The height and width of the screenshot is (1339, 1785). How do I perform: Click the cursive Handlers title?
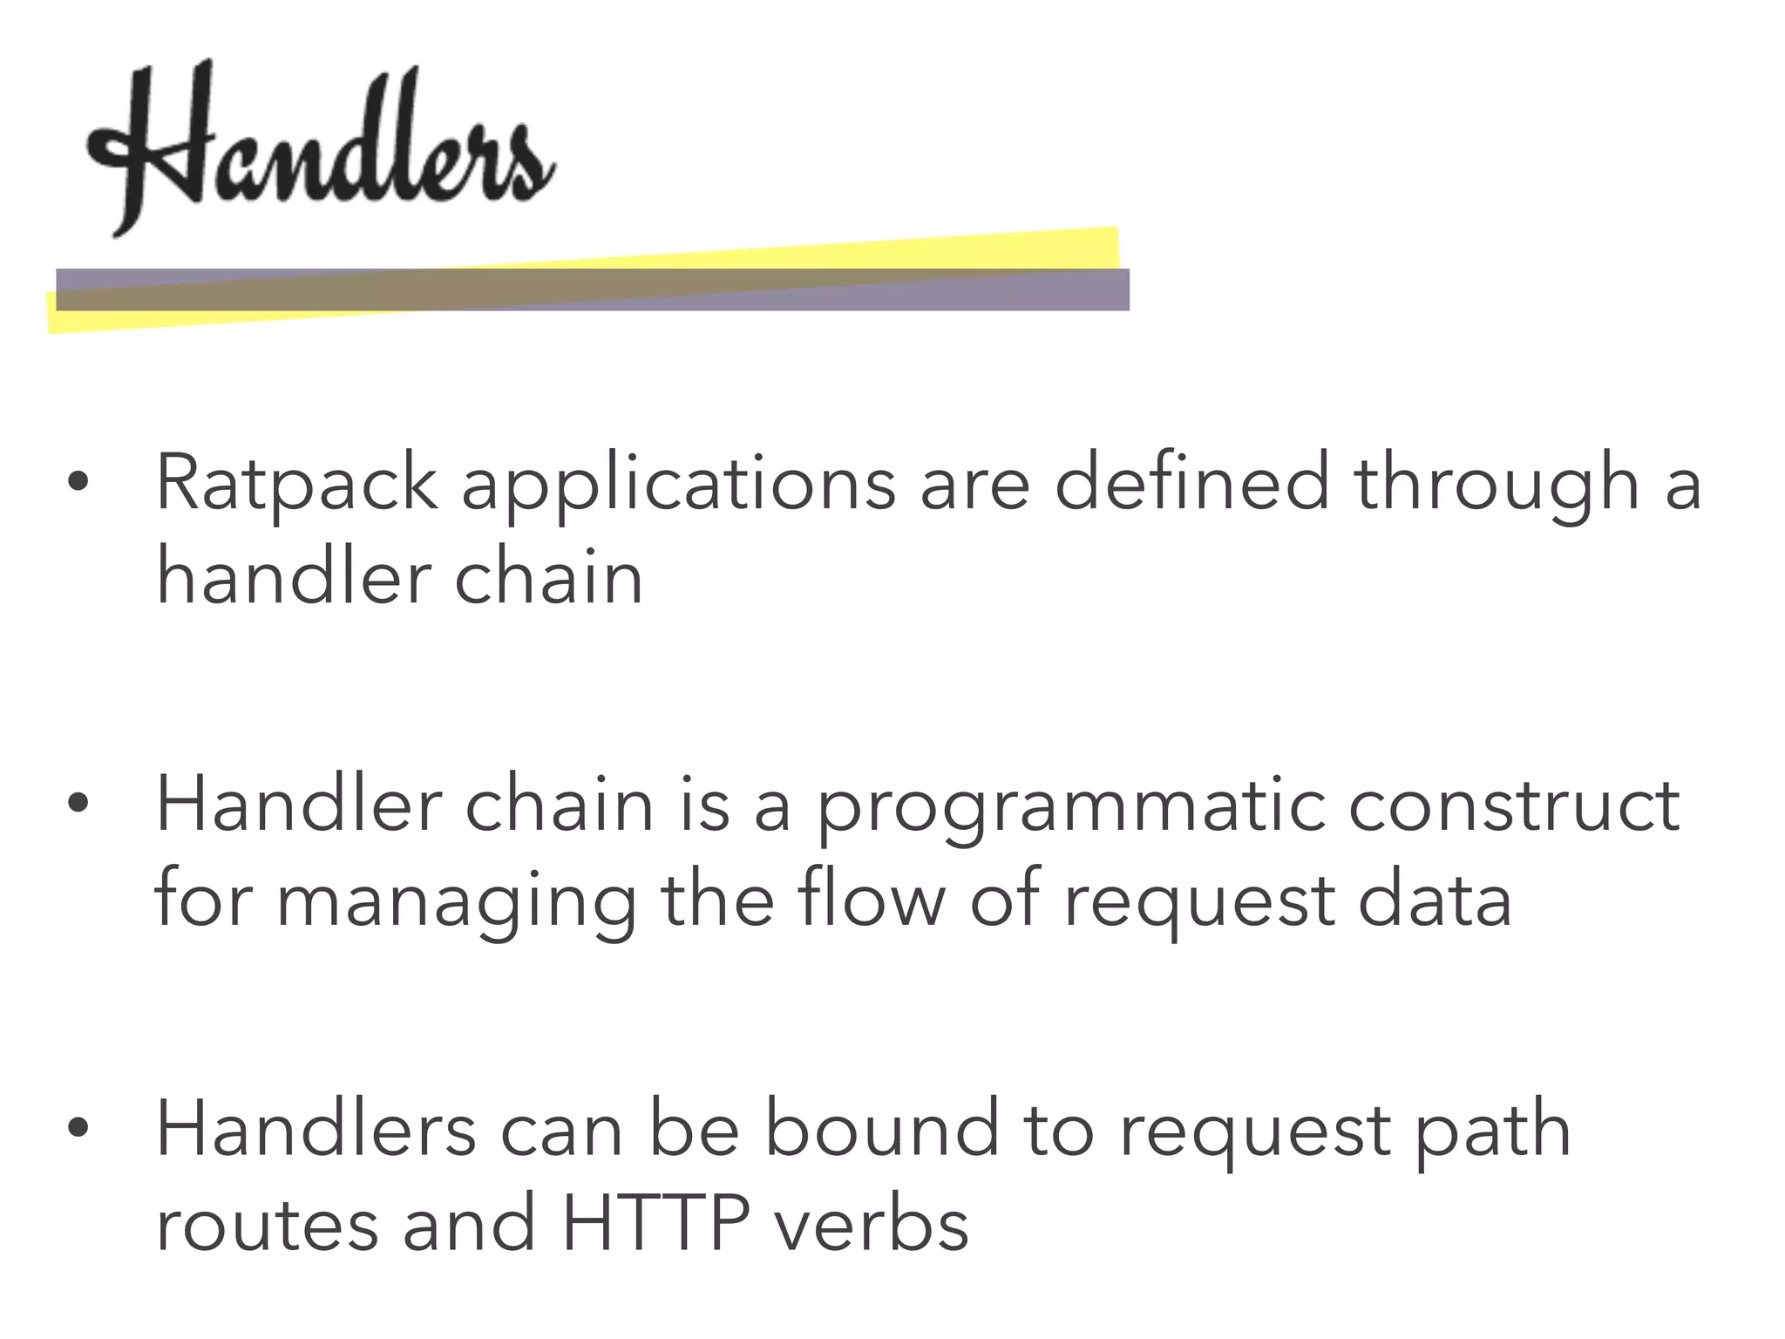(x=321, y=144)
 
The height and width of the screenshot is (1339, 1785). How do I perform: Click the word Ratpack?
(x=296, y=485)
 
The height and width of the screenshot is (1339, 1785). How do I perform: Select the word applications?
(x=678, y=485)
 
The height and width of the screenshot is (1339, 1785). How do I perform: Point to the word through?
(x=1497, y=485)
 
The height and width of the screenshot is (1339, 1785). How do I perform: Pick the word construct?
(x=1514, y=805)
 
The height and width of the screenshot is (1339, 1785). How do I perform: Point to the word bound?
(x=882, y=1130)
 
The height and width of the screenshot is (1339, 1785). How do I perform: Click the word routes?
(x=267, y=1226)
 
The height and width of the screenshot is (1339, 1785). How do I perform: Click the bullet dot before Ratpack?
(x=78, y=481)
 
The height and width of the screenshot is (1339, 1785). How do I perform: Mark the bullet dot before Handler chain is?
(x=78, y=804)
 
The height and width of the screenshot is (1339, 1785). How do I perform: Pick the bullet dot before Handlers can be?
(x=78, y=1128)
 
